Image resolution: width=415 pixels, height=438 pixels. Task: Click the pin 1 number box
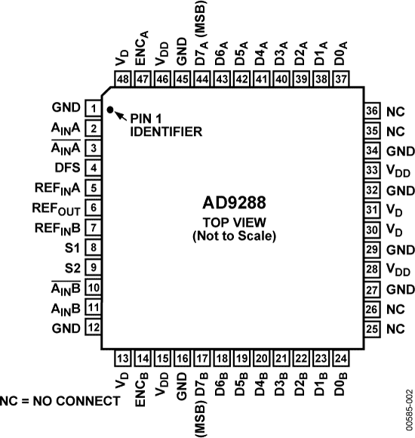point(93,109)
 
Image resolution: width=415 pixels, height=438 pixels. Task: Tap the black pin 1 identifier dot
point(110,110)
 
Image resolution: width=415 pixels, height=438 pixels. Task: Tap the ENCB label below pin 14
point(141,389)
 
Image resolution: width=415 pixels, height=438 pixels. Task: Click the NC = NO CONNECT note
point(60,399)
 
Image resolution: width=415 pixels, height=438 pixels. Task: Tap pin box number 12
point(93,328)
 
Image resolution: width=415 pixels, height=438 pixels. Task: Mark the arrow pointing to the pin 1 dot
point(121,116)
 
